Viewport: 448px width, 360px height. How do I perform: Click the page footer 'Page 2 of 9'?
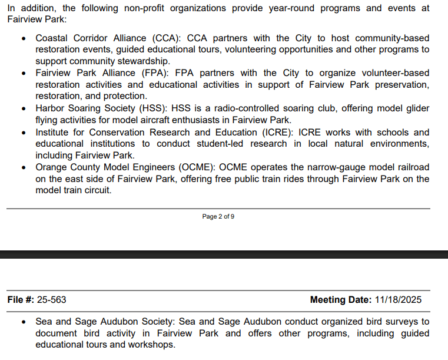point(218,216)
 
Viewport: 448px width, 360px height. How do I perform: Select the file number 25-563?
point(52,300)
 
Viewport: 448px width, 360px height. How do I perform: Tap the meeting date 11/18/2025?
point(398,300)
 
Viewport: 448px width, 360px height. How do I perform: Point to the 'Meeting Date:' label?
point(341,300)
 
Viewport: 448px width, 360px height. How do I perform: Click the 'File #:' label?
point(21,300)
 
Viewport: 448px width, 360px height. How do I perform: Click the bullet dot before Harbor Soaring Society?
point(23,109)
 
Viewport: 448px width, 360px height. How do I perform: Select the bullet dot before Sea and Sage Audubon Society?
point(23,322)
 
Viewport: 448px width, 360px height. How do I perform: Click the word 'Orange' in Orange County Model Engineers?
point(52,167)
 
